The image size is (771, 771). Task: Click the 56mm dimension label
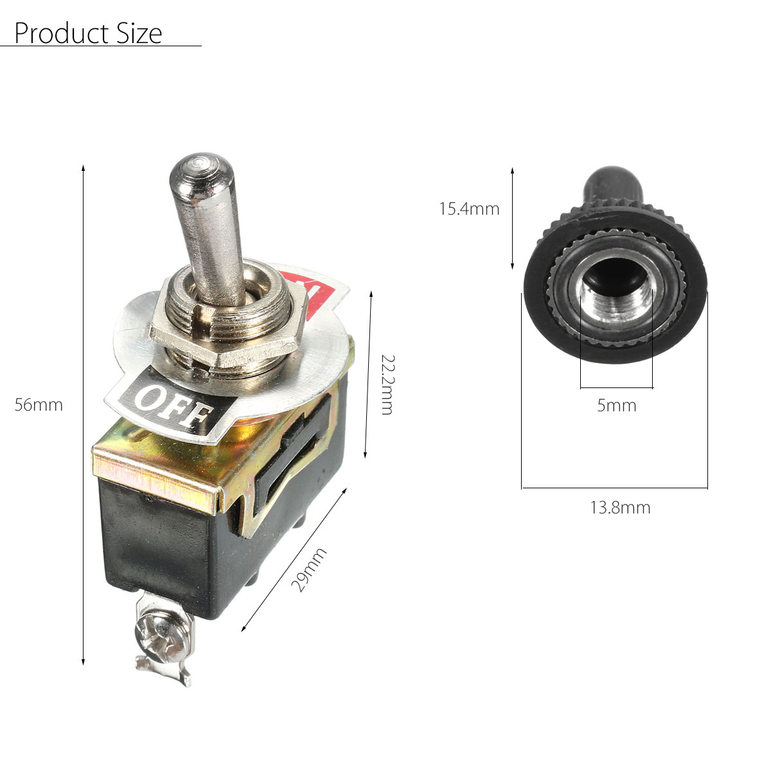(x=39, y=405)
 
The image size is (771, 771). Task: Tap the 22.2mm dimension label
(x=385, y=384)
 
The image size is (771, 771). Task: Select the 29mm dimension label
(x=309, y=570)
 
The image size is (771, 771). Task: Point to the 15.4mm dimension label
(x=469, y=209)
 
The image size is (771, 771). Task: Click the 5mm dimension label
(x=616, y=405)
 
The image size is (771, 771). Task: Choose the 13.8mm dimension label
(x=620, y=508)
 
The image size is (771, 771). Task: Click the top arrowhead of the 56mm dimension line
(x=84, y=169)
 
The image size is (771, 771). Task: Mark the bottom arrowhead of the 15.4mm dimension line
(x=512, y=266)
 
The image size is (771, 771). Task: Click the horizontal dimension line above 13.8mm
(x=614, y=488)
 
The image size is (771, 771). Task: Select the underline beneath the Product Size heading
(x=100, y=46)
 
